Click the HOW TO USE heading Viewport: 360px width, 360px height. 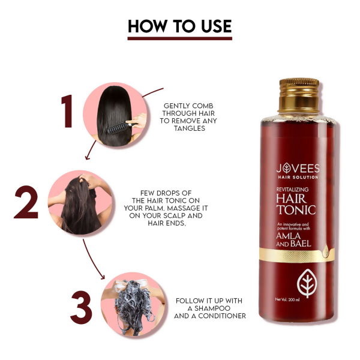[x=179, y=26]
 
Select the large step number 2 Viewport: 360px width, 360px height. [x=28, y=203]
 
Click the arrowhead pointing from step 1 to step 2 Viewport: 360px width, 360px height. [x=88, y=158]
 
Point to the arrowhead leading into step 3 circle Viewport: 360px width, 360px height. [x=106, y=276]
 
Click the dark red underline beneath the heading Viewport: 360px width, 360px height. [x=179, y=38]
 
